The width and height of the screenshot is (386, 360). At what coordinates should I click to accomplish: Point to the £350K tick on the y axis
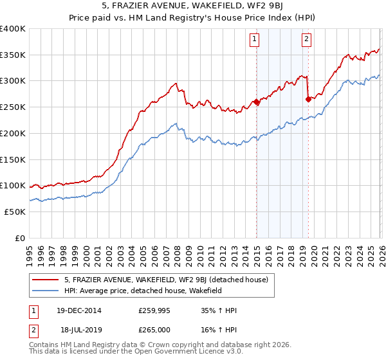coord(13,55)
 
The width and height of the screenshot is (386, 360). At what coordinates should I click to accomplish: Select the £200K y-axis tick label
coord(13,133)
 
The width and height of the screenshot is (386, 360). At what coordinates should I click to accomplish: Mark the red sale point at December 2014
coord(256,102)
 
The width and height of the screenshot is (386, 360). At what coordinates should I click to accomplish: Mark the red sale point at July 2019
coord(308,99)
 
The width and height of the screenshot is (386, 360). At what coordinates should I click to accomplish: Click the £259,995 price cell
coord(156,310)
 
